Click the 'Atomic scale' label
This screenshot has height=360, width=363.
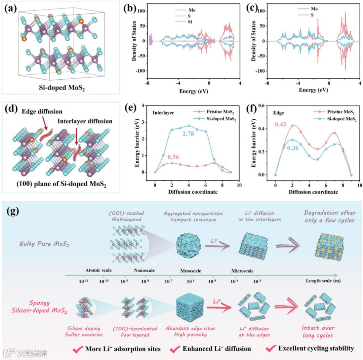pyautogui.click(x=98, y=270)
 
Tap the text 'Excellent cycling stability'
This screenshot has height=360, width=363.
pyautogui.click(x=316, y=348)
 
